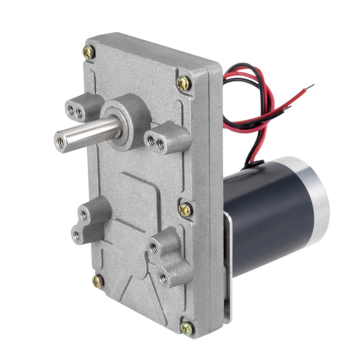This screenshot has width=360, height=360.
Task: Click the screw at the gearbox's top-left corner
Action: click(88, 51)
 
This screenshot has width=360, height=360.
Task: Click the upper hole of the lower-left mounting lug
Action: click(84, 215)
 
